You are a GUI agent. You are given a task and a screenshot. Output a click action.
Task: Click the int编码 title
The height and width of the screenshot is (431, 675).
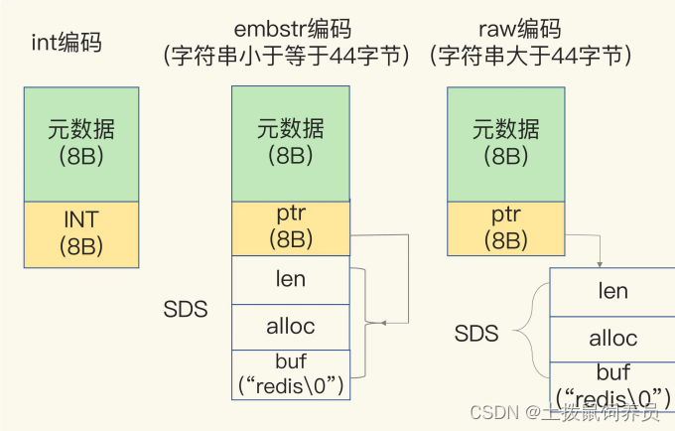[67, 43]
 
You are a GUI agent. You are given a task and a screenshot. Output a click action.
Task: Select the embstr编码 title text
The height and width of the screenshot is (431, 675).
[289, 30]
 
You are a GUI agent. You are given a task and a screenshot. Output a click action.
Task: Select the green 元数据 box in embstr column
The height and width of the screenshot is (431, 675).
[290, 143]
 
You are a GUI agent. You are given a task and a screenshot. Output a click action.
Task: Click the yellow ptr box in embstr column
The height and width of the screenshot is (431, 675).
[290, 228]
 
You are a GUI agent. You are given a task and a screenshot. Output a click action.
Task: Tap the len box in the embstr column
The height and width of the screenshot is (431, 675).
[290, 280]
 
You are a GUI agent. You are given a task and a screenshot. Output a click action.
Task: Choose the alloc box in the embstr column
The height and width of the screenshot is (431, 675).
[290, 327]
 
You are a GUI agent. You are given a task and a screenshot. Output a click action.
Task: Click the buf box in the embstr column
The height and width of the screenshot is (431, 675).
[290, 374]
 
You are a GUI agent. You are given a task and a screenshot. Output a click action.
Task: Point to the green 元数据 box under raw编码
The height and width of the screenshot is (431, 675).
[505, 143]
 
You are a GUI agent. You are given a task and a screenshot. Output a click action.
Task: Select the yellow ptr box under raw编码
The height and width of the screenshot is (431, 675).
[505, 228]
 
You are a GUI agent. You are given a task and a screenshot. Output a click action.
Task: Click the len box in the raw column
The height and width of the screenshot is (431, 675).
[612, 292]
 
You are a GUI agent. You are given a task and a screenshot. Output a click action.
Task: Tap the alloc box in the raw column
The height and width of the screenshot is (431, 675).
[612, 339]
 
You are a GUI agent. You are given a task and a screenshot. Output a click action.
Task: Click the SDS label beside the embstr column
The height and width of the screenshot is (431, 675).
[186, 310]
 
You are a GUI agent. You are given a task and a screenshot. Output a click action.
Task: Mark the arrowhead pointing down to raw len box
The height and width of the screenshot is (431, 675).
[598, 262]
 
